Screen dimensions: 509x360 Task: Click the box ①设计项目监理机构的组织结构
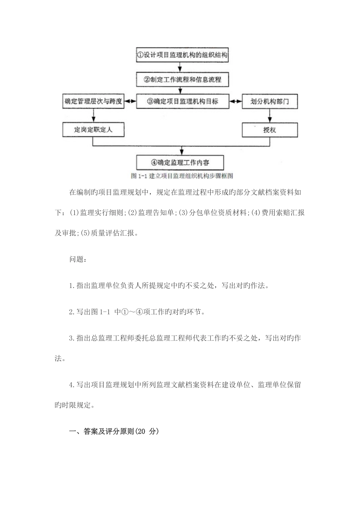(182, 55)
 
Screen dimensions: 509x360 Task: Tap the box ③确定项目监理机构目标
(182, 101)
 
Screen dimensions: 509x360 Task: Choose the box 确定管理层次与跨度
(93, 101)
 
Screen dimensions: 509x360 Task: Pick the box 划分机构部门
(269, 101)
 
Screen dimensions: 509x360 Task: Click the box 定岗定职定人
(93, 130)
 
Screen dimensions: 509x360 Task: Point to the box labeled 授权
(269, 130)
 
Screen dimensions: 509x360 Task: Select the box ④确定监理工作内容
(180, 162)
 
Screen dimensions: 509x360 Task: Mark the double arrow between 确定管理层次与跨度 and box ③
(130, 101)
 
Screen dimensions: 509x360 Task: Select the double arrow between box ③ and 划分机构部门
(235, 101)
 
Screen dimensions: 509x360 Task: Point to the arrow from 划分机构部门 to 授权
(269, 116)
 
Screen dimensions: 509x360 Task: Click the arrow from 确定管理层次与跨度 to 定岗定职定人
(93, 116)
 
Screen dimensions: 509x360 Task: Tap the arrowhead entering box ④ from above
(182, 152)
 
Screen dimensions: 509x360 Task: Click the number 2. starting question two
(72, 312)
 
